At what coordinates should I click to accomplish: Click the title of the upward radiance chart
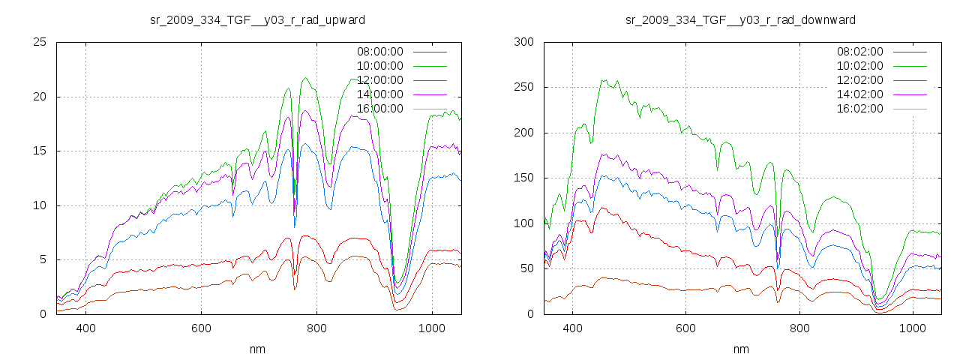pyautogui.click(x=257, y=19)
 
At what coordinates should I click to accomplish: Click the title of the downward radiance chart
pyautogui.click(x=740, y=19)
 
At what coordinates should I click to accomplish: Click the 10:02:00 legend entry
pyautogui.click(x=859, y=66)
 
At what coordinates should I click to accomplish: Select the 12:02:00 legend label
pyautogui.click(x=859, y=80)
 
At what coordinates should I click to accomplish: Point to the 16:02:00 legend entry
pyautogui.click(x=859, y=109)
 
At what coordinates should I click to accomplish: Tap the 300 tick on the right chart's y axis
pyautogui.click(x=523, y=42)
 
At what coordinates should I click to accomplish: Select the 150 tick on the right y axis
pyautogui.click(x=523, y=178)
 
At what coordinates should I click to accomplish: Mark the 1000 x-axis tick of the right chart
pyautogui.click(x=912, y=328)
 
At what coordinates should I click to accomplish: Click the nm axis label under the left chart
pyautogui.click(x=257, y=349)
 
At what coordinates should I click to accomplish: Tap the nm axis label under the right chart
pyautogui.click(x=740, y=349)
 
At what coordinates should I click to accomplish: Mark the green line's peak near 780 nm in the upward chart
pyautogui.click(x=305, y=77)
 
